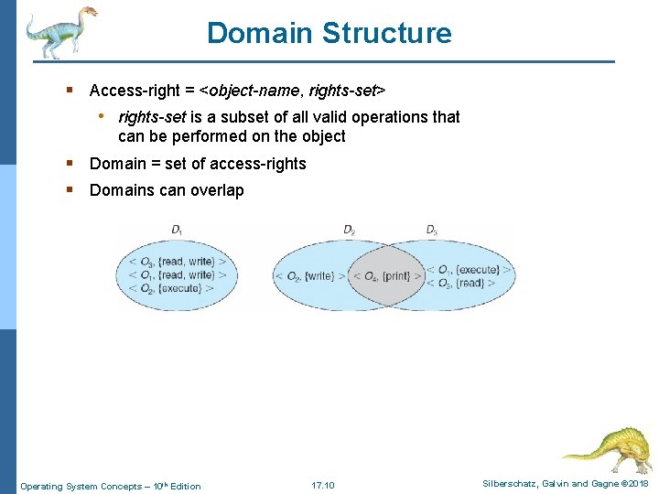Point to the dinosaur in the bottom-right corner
tap(608, 447)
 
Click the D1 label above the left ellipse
tap(177, 229)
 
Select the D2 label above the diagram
tap(349, 229)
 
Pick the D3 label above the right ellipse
tap(432, 229)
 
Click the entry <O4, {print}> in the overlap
tap(384, 275)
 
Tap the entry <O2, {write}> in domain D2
tap(309, 275)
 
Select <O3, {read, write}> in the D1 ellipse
tap(178, 261)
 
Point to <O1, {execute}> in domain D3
tap(470, 269)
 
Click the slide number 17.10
tap(323, 485)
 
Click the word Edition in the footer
tap(186, 486)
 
